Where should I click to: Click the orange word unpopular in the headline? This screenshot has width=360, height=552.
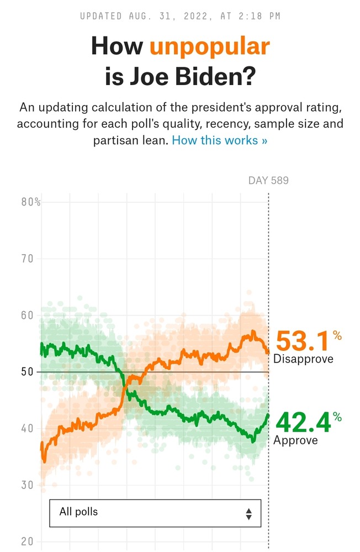(x=210, y=46)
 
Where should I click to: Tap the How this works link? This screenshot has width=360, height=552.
(x=219, y=140)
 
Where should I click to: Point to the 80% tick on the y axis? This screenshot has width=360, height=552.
(x=31, y=202)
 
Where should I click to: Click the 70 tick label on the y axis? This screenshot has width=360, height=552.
(x=28, y=259)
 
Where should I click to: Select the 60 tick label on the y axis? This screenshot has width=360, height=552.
(x=28, y=316)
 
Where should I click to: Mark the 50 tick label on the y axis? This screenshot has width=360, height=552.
(x=28, y=372)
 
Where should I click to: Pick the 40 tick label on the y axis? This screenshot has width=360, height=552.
(x=28, y=429)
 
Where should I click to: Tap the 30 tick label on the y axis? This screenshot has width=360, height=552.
(x=28, y=485)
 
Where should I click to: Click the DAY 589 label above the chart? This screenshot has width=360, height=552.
(x=268, y=181)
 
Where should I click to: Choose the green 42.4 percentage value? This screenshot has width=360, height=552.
(x=303, y=423)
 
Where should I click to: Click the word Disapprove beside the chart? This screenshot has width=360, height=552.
(x=303, y=359)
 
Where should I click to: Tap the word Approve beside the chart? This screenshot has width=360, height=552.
(x=295, y=440)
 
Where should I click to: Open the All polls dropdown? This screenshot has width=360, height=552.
(x=155, y=514)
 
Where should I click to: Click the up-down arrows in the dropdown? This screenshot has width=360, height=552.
(x=249, y=514)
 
